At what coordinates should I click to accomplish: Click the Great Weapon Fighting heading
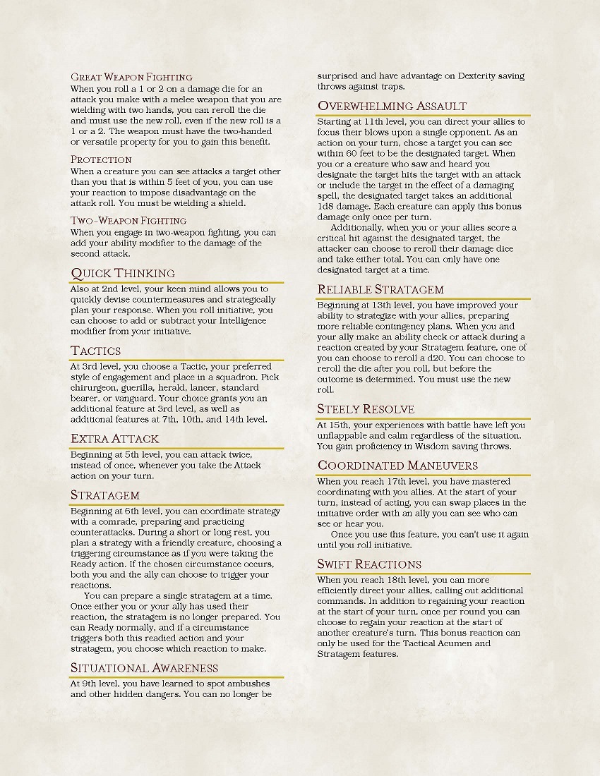(x=131, y=77)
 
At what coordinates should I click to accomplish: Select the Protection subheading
(x=101, y=159)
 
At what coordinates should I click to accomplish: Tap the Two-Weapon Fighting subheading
(x=128, y=221)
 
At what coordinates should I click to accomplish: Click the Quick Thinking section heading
(x=123, y=273)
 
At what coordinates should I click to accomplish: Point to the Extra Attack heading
(x=114, y=439)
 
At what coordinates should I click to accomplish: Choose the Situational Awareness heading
(x=144, y=667)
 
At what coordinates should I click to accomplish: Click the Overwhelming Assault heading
(x=392, y=106)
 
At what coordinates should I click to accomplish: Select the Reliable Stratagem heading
(x=380, y=289)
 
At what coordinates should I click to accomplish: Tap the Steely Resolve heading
(x=366, y=409)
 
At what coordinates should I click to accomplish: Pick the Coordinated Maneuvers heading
(x=397, y=466)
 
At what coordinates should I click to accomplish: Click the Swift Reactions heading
(x=369, y=564)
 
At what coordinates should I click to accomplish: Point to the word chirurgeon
(x=95, y=388)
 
